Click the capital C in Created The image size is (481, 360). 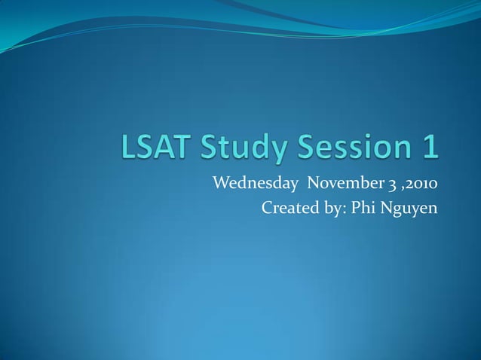point(267,207)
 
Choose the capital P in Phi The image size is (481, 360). point(354,207)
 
